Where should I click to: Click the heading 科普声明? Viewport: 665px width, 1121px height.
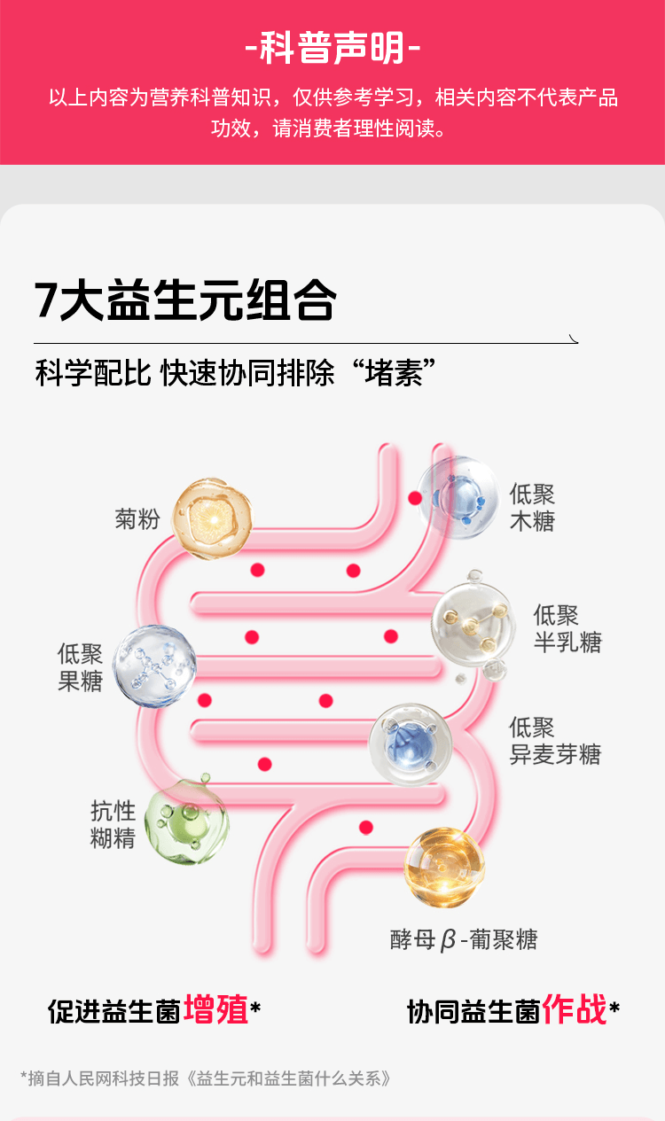332,49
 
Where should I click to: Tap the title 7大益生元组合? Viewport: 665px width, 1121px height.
185,300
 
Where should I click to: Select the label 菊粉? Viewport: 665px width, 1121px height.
137,519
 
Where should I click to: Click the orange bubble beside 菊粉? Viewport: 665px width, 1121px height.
213,519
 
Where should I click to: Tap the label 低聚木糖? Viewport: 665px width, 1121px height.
532,508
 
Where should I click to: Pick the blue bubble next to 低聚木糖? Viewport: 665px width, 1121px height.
458,497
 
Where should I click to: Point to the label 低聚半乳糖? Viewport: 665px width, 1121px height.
567,628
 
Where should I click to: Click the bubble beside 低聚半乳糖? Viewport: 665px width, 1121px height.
473,624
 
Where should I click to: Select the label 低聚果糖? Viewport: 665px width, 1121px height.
81,667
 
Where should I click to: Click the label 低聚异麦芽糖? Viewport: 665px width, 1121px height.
554,741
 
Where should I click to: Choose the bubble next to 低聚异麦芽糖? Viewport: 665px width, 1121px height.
410,743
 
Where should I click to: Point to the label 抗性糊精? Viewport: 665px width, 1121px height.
113,824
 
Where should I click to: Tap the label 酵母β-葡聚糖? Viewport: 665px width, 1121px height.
464,939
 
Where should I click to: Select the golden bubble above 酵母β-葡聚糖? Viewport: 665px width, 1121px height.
444,867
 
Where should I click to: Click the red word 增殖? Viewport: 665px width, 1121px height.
215,1010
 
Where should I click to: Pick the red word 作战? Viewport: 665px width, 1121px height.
575,1010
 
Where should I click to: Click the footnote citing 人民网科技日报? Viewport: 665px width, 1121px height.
205,1078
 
